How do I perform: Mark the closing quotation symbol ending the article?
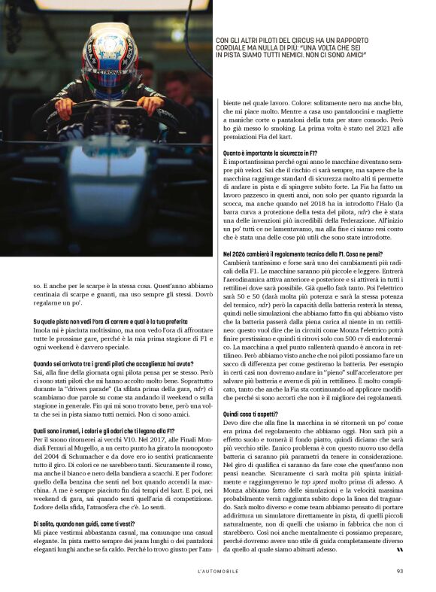pyautogui.click(x=399, y=549)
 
